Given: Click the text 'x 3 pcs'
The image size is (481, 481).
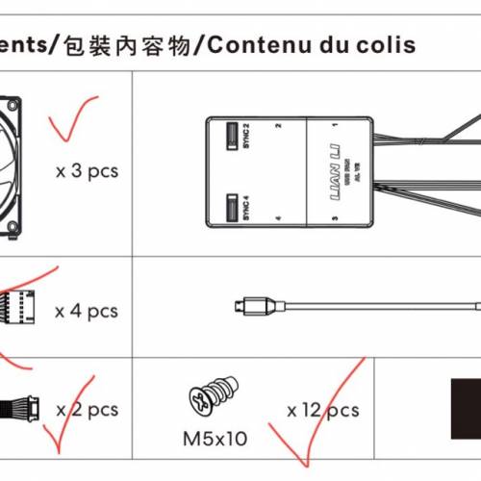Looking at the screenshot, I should (x=87, y=171).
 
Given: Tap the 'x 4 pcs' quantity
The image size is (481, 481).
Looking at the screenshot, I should (x=86, y=311).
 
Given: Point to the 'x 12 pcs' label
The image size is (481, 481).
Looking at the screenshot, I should (x=322, y=411).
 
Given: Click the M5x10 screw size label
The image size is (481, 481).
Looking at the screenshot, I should (x=215, y=439).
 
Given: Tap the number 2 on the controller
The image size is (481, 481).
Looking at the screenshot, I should (x=277, y=126).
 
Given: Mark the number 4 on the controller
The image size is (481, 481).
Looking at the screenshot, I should (x=277, y=220).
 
